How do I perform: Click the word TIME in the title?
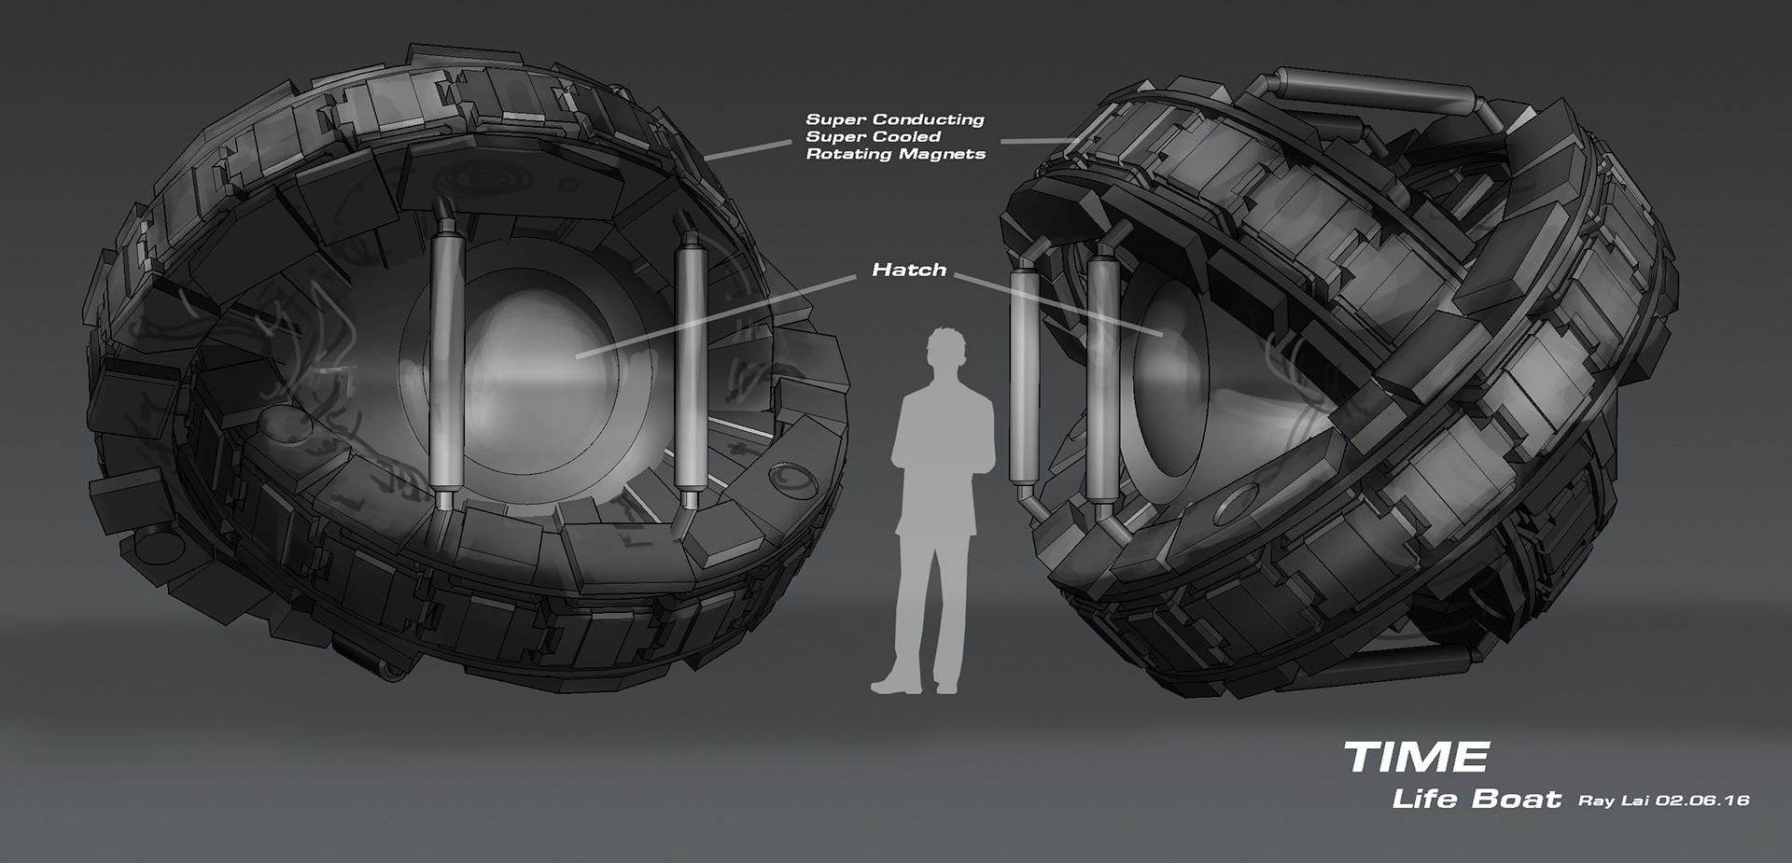tap(1416, 757)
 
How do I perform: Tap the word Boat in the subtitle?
tap(1519, 800)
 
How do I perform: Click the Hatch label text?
tap(909, 270)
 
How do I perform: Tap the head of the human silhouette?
tap(945, 353)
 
